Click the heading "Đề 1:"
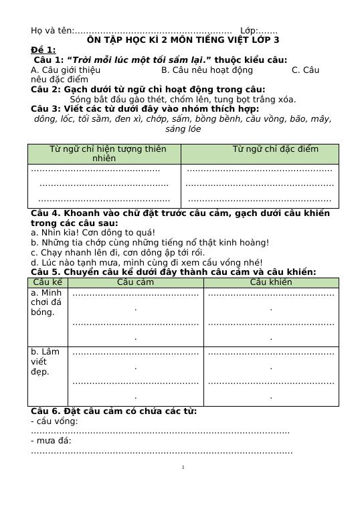tap(43, 50)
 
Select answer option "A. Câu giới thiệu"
tap(66, 70)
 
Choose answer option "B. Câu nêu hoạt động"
tap(207, 70)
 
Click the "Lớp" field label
tap(248, 31)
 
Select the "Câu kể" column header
tap(48, 282)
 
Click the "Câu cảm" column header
tap(135, 282)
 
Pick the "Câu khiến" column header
tap(271, 282)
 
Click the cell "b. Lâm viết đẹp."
tap(46, 361)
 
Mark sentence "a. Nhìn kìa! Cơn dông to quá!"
tap(93, 233)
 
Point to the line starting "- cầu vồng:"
tap(54, 421)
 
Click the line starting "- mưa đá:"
tap(51, 440)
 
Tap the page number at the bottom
tap(183, 467)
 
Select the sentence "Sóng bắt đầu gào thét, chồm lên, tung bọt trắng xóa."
tap(183, 99)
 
